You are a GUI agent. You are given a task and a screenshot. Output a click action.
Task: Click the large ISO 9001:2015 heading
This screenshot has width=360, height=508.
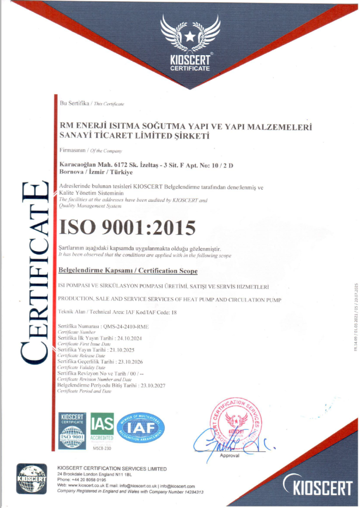point(127,227)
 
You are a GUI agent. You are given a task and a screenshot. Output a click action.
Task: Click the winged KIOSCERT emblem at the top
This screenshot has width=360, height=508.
point(190,42)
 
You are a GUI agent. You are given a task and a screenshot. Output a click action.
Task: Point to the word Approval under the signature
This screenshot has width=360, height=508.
point(229,455)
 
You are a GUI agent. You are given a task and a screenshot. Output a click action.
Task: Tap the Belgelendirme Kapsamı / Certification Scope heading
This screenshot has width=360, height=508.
point(128,271)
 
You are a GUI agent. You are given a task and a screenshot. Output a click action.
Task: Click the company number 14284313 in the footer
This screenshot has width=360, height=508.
point(190,492)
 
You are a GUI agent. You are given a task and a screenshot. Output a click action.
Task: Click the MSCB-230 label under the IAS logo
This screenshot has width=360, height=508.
point(102,448)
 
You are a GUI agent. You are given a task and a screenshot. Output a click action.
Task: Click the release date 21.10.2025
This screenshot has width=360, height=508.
point(125,350)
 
